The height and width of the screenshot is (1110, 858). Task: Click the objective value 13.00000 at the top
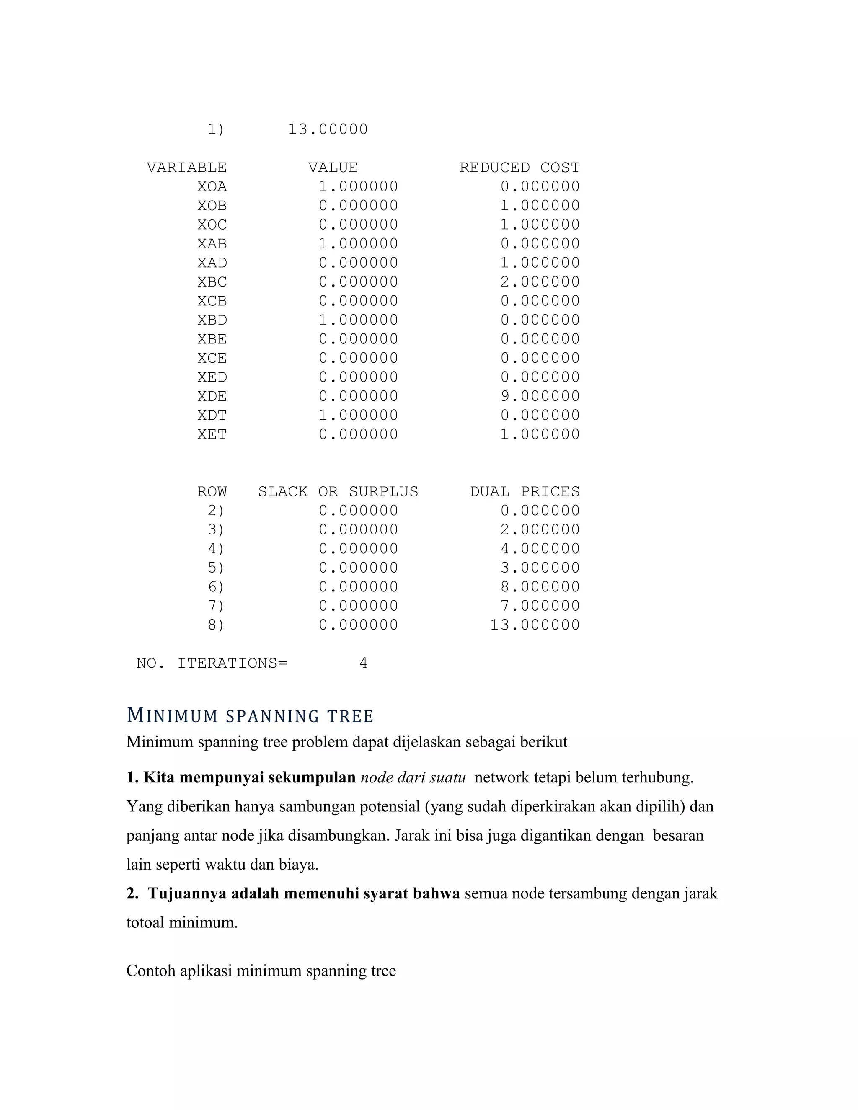(328, 129)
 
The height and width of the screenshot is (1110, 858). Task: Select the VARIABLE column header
(186, 168)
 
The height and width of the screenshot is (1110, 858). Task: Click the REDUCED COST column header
(519, 168)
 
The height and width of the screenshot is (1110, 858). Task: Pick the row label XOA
(212, 186)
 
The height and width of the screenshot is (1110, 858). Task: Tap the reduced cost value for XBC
(540, 282)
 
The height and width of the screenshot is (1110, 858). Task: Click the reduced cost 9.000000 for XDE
(540, 396)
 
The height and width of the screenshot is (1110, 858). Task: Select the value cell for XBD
(358, 320)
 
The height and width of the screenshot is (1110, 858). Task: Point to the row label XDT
(212, 415)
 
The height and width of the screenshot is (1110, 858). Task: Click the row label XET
(212, 434)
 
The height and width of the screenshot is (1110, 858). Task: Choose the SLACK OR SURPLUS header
(338, 491)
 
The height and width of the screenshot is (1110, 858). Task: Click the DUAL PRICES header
(525, 491)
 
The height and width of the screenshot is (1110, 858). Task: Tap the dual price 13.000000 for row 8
(535, 625)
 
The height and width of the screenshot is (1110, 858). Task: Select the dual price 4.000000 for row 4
(540, 549)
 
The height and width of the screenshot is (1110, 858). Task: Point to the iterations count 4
(363, 663)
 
